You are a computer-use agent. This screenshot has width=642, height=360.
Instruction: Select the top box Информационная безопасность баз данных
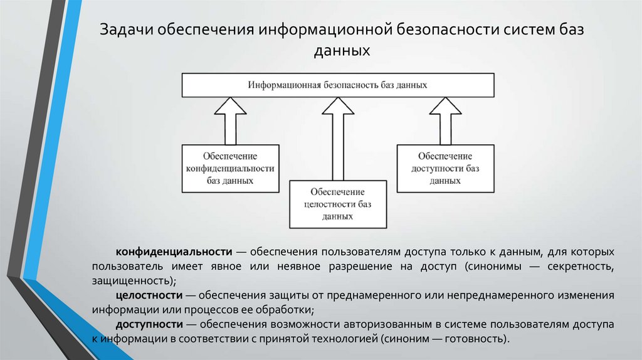pos(337,84)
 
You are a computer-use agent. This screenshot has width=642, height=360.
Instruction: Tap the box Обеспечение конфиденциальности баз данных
pos(230,168)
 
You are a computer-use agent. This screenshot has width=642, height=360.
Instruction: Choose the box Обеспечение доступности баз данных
pos(445,168)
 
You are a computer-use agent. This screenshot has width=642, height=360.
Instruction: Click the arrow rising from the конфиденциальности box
pos(230,122)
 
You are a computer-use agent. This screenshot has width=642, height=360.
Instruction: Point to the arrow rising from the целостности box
pos(337,138)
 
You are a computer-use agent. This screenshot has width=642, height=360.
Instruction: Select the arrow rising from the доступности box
pos(445,122)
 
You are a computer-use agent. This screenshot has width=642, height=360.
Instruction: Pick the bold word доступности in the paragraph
pos(149,324)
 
